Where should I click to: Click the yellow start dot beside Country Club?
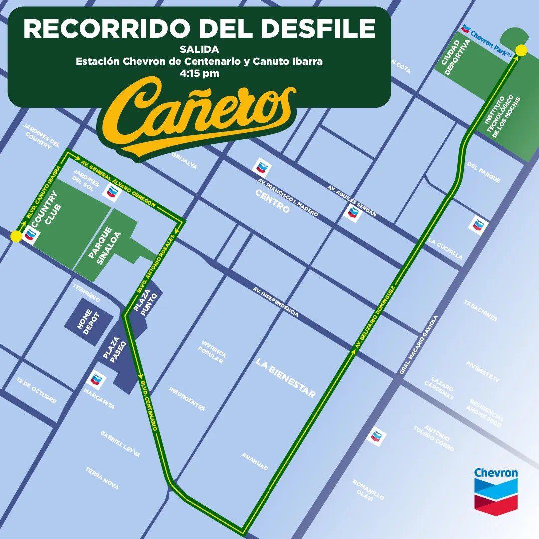point(16,236)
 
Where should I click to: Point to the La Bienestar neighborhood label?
point(285,378)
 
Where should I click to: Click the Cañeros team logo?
point(200,117)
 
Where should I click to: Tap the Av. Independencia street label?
point(275,302)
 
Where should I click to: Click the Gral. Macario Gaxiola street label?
point(418,345)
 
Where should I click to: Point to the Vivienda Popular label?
point(213,352)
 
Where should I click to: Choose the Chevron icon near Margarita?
point(96,381)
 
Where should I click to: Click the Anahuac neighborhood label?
point(255,461)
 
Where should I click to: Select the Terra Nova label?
point(102,478)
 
